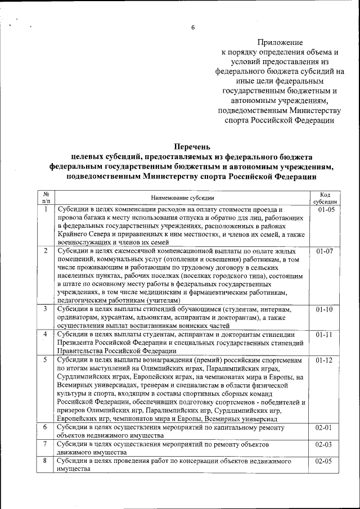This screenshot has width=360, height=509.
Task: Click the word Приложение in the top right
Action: (x=280, y=43)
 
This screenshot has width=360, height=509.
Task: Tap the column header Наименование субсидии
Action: (x=182, y=197)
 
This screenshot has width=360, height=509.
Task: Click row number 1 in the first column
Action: (x=46, y=209)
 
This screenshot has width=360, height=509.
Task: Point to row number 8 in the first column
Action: (x=46, y=461)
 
